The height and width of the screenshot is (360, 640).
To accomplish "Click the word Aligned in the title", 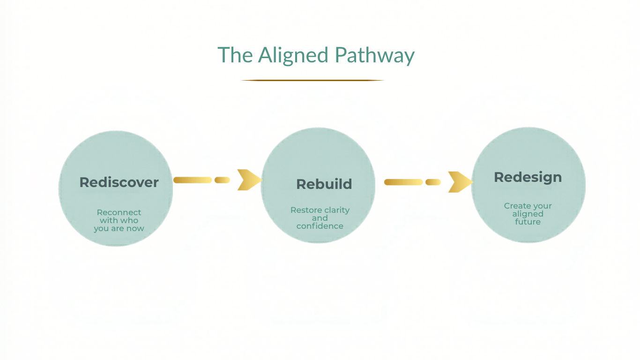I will point(293,55).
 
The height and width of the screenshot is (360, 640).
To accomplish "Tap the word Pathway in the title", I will point(374,55).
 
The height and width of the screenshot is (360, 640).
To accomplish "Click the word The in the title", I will point(235,55).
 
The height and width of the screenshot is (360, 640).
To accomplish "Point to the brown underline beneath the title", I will point(313,81).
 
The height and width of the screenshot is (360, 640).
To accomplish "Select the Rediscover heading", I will point(119,182).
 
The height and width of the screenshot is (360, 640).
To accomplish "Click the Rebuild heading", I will point(324,184).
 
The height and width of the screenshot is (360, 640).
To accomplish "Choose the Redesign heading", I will point(528,177).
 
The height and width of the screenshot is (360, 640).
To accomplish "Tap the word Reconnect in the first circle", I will point(119,212).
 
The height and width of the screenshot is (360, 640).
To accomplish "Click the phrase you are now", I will point(119,229).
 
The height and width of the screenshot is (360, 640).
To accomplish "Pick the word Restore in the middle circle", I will point(306,210).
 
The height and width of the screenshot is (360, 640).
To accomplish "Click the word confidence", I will point(320,226).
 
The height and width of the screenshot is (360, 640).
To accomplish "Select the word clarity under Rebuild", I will point(337,210).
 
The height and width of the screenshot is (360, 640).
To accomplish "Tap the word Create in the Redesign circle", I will point(517,206).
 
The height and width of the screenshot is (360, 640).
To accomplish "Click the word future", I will point(528,222).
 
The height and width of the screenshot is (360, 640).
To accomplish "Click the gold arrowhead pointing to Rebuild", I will point(248,180).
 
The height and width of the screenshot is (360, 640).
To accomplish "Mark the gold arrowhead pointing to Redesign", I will point(459,182).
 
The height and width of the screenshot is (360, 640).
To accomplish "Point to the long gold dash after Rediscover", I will point(193,180).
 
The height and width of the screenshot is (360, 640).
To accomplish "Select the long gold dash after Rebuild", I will point(403,182).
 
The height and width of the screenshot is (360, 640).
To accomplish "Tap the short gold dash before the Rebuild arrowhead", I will point(222,180).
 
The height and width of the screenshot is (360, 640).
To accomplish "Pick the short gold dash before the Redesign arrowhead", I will point(433,182).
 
